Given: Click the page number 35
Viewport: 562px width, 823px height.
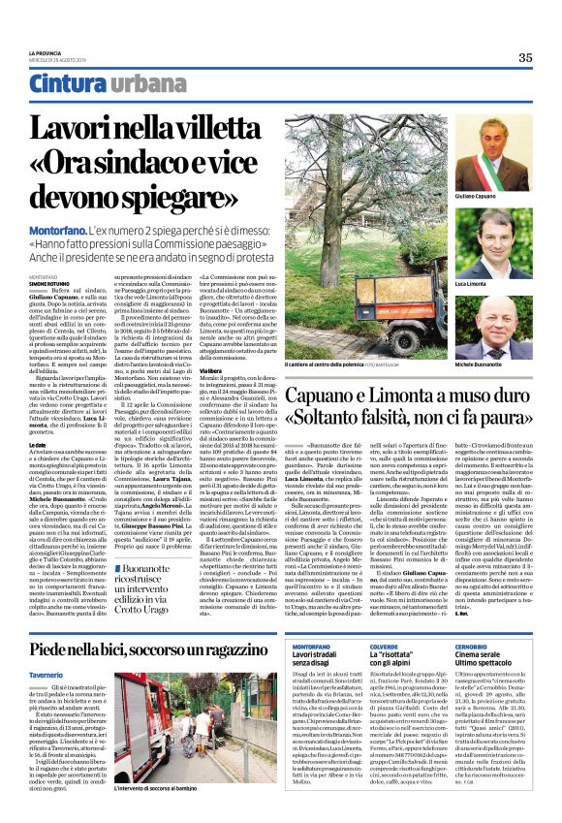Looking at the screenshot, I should (x=525, y=57).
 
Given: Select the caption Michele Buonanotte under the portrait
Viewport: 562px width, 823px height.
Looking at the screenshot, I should (x=504, y=363).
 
